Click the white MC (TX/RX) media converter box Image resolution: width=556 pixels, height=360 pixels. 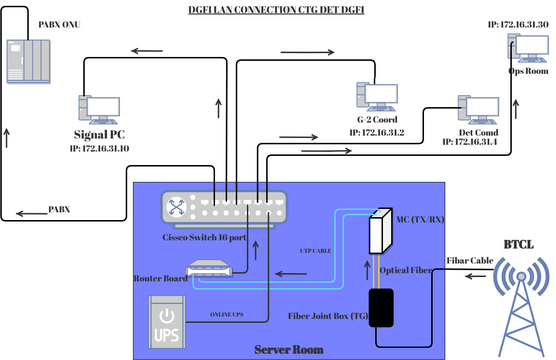point(378,231)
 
